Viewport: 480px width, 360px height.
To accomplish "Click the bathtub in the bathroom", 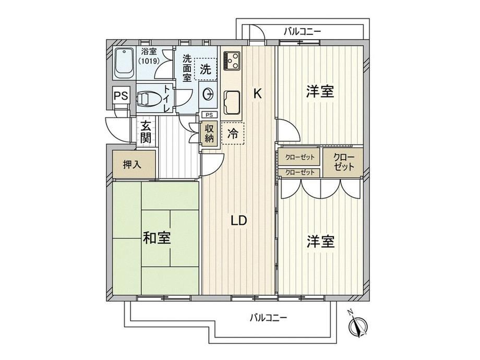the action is pos(124,64).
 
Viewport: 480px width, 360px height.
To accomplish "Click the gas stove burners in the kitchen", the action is pos(232,61).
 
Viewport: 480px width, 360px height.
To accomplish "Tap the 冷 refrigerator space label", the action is pos(233,134).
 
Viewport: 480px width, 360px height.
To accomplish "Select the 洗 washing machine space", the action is pos(206,69).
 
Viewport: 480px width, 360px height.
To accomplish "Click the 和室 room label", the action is pos(157,238).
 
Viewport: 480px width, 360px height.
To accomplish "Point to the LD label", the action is pos(239,220).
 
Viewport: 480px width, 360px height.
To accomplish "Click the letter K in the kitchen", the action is pos(257,93).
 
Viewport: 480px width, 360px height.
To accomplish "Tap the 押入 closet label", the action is pos(132,165).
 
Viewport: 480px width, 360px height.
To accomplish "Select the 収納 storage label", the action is pos(209,134).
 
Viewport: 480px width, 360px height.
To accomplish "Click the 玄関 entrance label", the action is pos(146,132).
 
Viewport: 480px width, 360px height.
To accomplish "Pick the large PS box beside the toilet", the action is pos(121,95).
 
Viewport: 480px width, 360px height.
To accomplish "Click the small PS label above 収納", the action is pos(209,115).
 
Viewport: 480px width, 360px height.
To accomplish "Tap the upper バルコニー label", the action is pos(302,31).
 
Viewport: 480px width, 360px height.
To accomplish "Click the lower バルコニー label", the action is pos(268,318).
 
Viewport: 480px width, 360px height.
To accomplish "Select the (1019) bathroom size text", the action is pos(149,61).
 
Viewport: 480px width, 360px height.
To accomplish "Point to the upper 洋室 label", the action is pos(320,91).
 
